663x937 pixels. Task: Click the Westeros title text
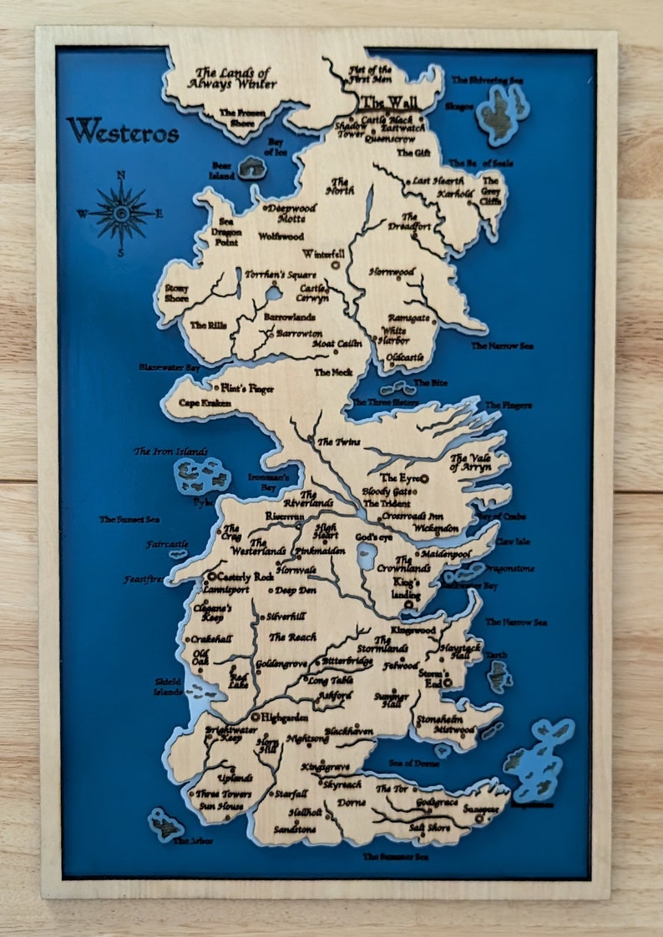click(x=123, y=131)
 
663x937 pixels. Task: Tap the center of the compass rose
click(x=122, y=214)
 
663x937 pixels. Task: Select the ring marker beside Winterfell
click(x=336, y=265)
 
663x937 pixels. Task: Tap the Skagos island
click(x=503, y=112)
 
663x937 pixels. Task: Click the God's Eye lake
click(x=366, y=558)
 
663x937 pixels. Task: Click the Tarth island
click(x=499, y=675)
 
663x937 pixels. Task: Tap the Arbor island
click(x=165, y=824)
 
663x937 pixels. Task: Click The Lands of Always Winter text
click(x=231, y=78)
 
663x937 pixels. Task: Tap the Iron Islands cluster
click(x=201, y=476)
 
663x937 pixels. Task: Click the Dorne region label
click(x=351, y=803)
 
